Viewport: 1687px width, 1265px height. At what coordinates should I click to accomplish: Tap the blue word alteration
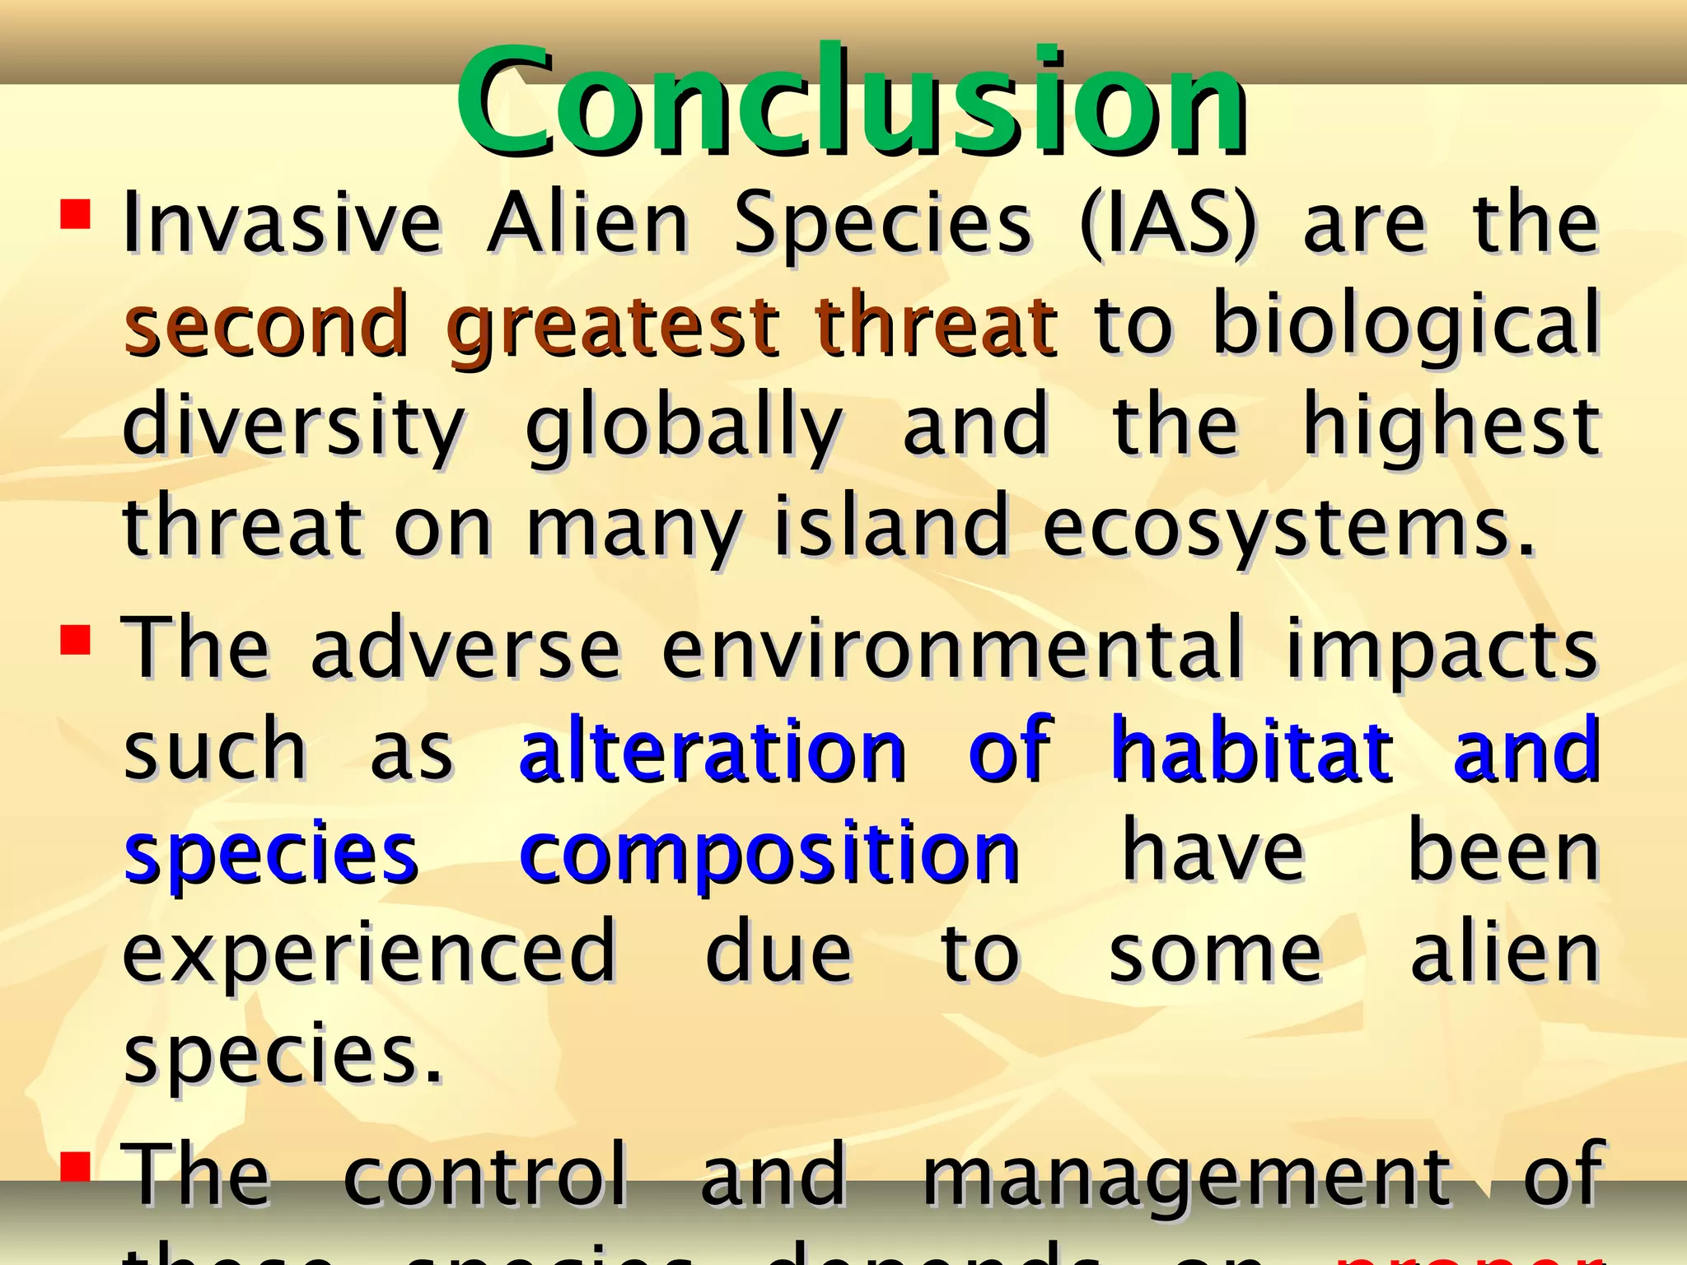pos(713,750)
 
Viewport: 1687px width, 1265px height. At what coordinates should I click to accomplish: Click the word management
pos(1187,1174)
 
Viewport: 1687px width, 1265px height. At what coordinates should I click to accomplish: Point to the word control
pos(485,1174)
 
